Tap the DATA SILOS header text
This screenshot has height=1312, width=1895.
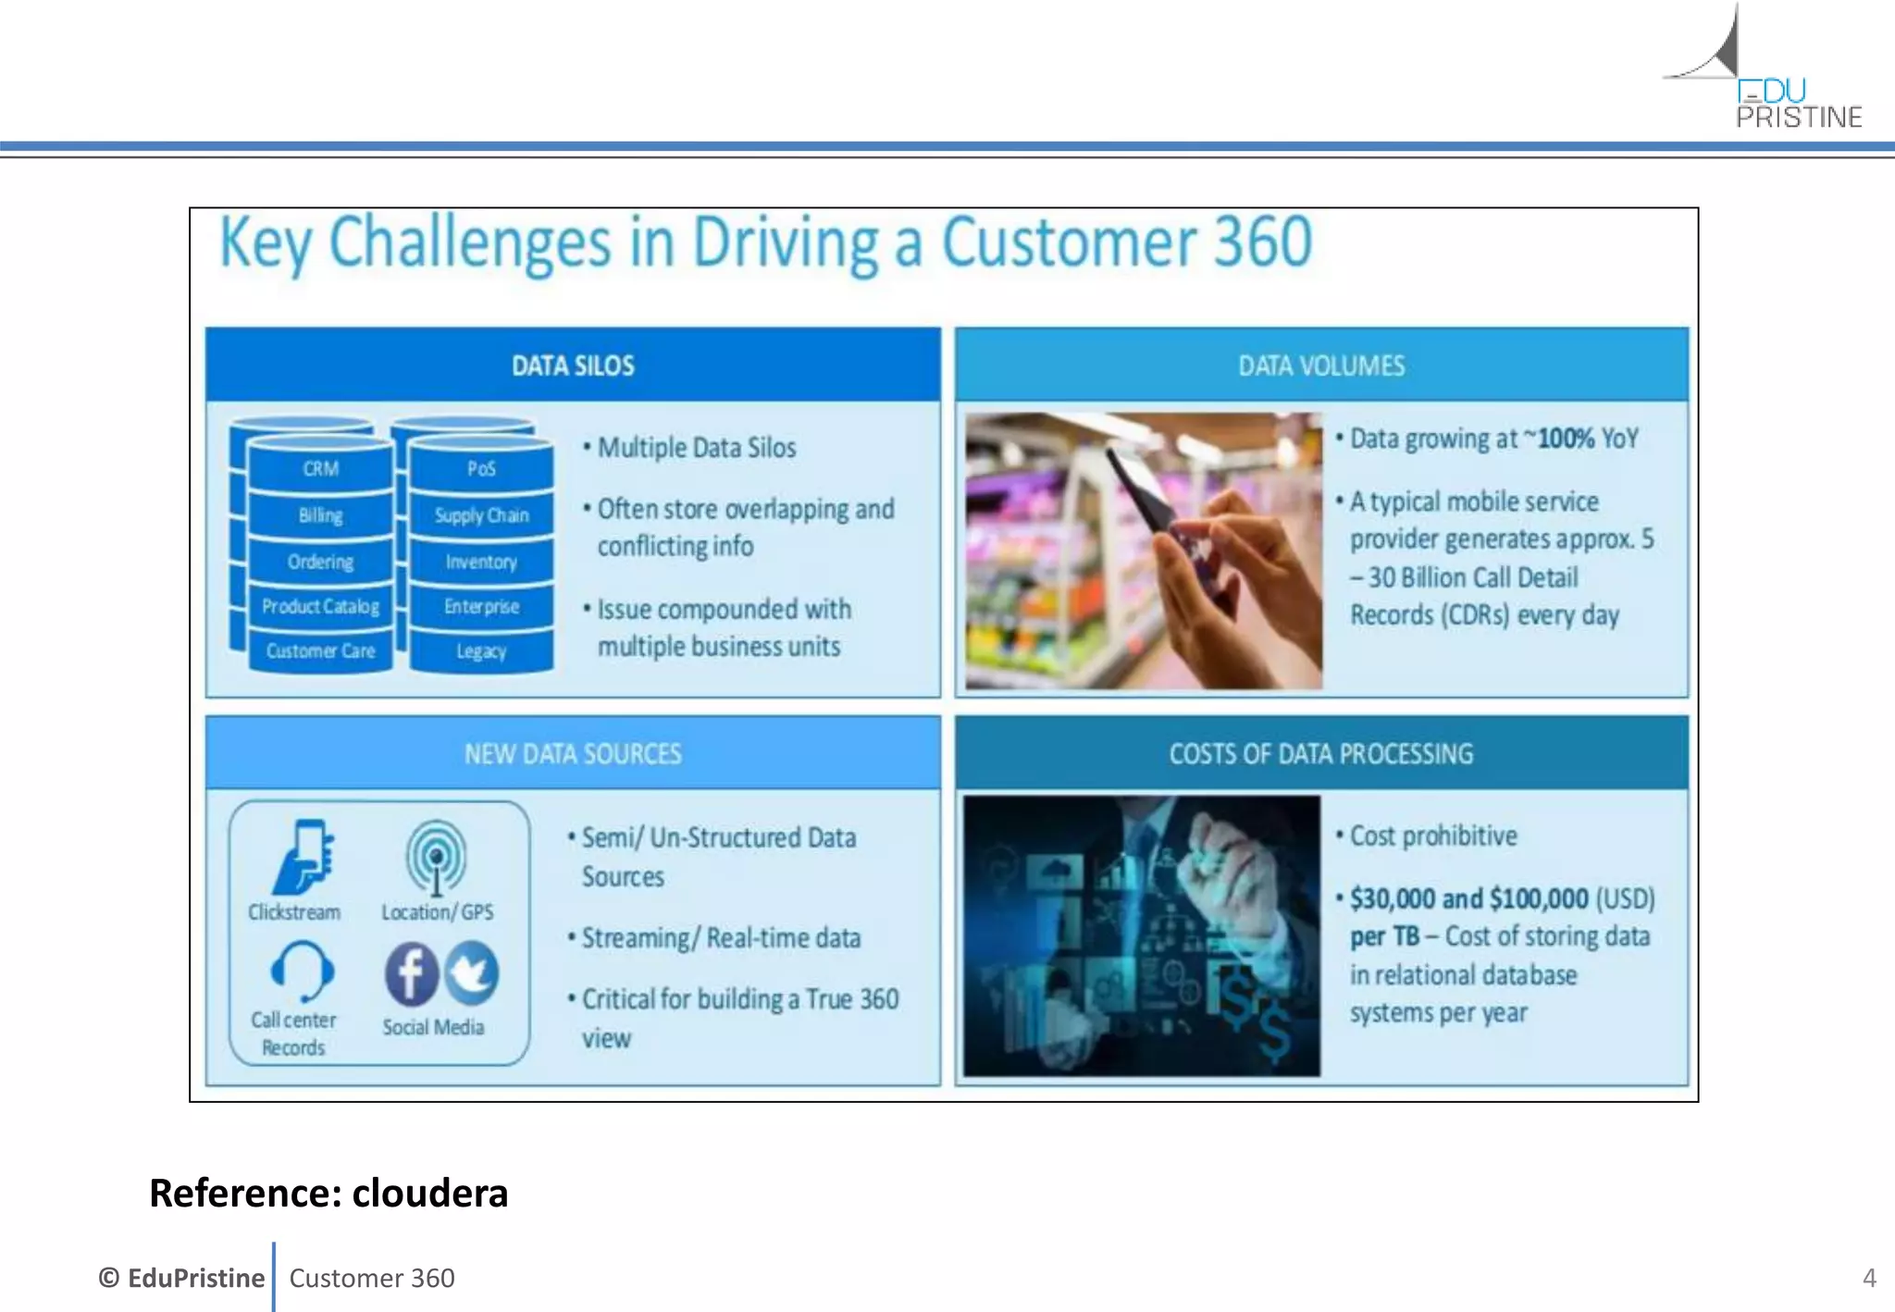[573, 365]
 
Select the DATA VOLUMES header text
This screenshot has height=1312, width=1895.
[1320, 365]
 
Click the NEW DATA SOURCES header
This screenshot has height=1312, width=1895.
[573, 754]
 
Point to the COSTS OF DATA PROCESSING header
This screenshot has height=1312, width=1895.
[1320, 754]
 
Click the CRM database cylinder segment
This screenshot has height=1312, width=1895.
[320, 469]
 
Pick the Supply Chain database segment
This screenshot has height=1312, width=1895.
[481, 515]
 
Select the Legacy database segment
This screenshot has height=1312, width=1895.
[481, 651]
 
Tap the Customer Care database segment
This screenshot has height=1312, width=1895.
[320, 651]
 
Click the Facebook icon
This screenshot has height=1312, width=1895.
[411, 973]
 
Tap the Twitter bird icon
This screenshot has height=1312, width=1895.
[473, 972]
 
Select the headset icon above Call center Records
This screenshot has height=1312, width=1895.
[302, 971]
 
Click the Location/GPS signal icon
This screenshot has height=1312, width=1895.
[436, 857]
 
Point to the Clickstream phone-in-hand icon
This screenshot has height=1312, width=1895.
[303, 857]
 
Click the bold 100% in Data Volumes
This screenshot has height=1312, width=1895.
[1566, 439]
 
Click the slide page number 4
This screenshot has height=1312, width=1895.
[1868, 1278]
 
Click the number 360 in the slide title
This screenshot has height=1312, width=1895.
[1262, 242]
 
